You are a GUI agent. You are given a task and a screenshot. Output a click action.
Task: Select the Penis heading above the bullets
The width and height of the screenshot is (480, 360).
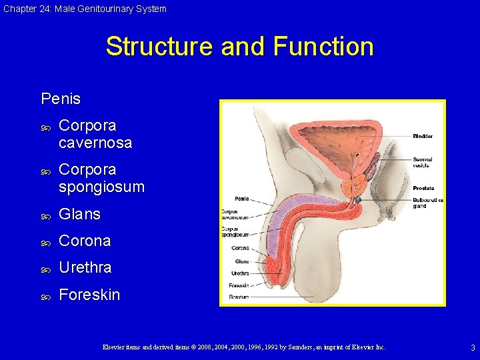click(x=61, y=99)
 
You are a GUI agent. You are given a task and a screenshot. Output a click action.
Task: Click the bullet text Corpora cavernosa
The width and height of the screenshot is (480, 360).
click(x=95, y=134)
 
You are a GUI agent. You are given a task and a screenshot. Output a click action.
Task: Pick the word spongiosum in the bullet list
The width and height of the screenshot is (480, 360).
click(x=101, y=187)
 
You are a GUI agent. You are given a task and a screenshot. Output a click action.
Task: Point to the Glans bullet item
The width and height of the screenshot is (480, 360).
click(x=79, y=214)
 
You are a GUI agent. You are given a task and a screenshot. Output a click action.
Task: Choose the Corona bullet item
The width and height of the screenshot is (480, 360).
click(x=85, y=241)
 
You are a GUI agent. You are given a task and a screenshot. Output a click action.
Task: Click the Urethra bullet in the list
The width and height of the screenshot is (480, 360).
click(x=85, y=267)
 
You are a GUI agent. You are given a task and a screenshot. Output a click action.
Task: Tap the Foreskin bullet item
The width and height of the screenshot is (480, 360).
click(x=89, y=295)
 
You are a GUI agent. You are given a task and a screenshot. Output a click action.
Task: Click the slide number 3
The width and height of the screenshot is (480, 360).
click(x=473, y=348)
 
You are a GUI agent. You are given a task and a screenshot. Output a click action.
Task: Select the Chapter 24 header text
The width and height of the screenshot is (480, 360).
click(x=85, y=9)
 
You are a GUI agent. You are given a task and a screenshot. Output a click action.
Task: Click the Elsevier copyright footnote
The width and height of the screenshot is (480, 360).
click(x=243, y=347)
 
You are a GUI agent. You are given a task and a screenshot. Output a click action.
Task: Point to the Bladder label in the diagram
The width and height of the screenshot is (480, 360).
click(x=423, y=137)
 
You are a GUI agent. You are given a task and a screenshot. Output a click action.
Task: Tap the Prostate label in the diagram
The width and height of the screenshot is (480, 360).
click(x=423, y=189)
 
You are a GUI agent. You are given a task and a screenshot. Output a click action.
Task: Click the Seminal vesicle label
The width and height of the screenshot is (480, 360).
click(x=423, y=162)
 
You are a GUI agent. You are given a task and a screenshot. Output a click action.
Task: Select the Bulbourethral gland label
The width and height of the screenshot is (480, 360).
click(x=428, y=203)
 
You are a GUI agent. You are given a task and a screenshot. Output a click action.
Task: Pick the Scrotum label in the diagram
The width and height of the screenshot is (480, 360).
click(x=238, y=297)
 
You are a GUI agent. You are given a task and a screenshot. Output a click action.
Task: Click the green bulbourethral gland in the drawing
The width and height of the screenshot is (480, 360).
click(x=358, y=199)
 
